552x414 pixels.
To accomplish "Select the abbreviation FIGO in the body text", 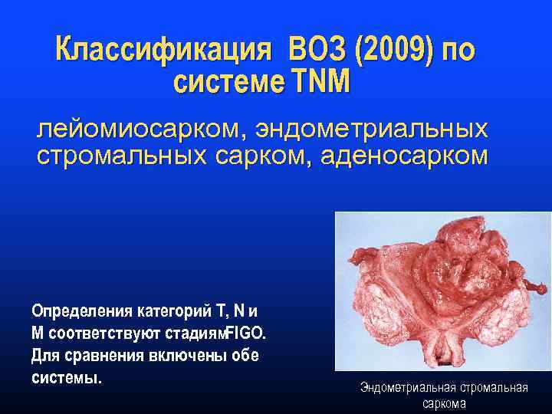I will pos(246,334).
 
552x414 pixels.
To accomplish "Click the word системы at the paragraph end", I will pos(64,378).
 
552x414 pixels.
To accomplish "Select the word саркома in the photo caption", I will pos(444,403).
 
